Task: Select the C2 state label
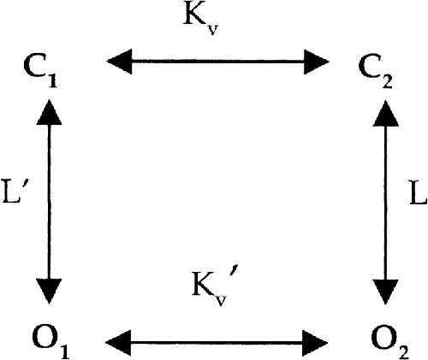click(376, 74)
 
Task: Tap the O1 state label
click(51, 342)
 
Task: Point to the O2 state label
click(390, 343)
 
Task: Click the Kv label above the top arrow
click(201, 21)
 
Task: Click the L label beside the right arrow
click(418, 192)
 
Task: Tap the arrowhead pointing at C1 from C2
click(119, 62)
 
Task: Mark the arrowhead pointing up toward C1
click(49, 112)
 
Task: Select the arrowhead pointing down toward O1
click(49, 292)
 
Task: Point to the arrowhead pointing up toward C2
click(386, 113)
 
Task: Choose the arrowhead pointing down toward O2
click(386, 292)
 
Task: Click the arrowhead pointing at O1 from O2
click(118, 343)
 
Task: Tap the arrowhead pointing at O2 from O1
click(315, 343)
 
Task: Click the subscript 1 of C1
click(51, 80)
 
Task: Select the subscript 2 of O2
click(402, 351)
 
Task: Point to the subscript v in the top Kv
click(211, 29)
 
